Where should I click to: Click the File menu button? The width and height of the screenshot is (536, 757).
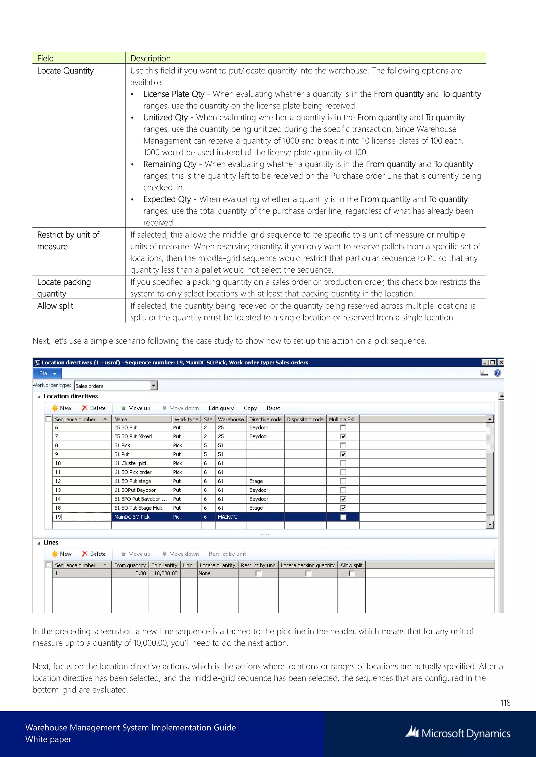pyautogui.click(x=47, y=373)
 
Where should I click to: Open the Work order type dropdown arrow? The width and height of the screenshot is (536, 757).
pyautogui.click(x=153, y=385)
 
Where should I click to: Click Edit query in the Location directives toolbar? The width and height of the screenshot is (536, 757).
pyautogui.click(x=221, y=408)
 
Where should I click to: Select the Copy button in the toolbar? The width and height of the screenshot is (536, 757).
pyautogui.click(x=250, y=408)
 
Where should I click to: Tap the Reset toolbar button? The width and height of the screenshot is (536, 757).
pyautogui.click(x=273, y=408)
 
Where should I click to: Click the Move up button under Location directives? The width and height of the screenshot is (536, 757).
pyautogui.click(x=136, y=408)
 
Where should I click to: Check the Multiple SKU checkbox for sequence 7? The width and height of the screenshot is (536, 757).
pyautogui.click(x=343, y=436)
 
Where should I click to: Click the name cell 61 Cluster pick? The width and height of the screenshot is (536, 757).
pyautogui.click(x=131, y=463)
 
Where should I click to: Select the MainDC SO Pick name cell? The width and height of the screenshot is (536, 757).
pyautogui.click(x=132, y=517)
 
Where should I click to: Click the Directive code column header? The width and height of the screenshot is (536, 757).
pyautogui.click(x=265, y=419)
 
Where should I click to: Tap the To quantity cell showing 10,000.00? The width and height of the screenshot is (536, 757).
pyautogui.click(x=165, y=573)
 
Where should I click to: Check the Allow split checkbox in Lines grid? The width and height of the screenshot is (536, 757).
pyautogui.click(x=351, y=573)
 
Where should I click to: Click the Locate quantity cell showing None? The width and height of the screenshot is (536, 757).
pyautogui.click(x=205, y=573)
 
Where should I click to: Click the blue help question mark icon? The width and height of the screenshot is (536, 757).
pyautogui.click(x=497, y=373)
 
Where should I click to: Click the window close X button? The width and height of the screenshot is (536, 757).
pyautogui.click(x=501, y=362)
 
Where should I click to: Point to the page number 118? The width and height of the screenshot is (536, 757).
pyautogui.click(x=505, y=703)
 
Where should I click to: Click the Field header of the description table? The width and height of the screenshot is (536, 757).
pyautogui.click(x=46, y=58)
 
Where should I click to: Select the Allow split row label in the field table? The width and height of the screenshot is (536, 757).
pyautogui.click(x=55, y=306)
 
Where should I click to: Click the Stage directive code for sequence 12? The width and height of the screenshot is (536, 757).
pyautogui.click(x=256, y=481)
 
